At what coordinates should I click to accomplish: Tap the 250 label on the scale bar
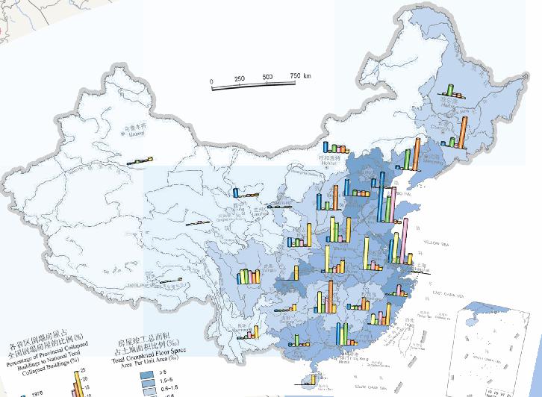[x=240, y=79]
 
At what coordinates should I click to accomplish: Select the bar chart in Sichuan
[x=249, y=275]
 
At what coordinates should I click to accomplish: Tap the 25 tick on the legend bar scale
[x=83, y=370]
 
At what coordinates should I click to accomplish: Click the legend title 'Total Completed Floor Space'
[x=149, y=357]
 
